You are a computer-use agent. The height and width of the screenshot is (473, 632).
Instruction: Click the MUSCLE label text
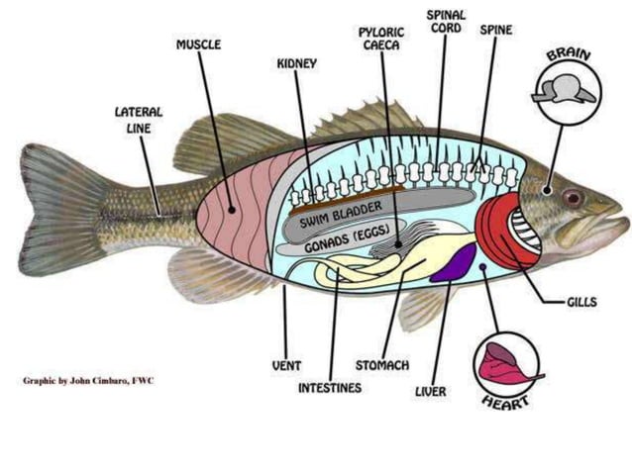198,45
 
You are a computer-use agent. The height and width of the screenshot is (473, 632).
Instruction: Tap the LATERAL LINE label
138,120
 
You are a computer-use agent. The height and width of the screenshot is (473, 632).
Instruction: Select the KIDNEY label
296,64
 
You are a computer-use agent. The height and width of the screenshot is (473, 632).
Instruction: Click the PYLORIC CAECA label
381,39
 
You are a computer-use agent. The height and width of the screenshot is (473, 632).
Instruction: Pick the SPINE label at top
496,31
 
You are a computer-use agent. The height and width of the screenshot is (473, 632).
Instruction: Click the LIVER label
430,392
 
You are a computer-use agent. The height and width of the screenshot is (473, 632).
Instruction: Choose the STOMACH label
381,365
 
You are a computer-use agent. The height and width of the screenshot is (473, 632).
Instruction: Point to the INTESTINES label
330,388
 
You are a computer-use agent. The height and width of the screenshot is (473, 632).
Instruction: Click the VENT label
286,365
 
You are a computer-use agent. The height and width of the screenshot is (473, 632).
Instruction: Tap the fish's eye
573,197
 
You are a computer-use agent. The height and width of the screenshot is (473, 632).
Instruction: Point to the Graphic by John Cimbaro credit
88,381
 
